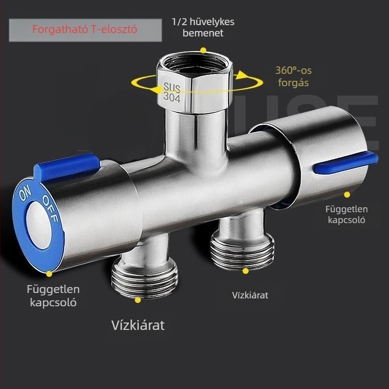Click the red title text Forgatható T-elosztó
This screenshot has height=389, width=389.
[x=85, y=30]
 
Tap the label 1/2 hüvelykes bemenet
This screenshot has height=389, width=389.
[x=203, y=27]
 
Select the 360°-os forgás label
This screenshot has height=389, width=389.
[x=293, y=76]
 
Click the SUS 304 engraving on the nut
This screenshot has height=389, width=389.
[x=172, y=92]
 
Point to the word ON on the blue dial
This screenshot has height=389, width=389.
[x=25, y=193]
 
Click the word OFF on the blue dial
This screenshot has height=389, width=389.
[x=50, y=208]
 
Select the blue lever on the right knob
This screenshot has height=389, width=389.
[x=345, y=162]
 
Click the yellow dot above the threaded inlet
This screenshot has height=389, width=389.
[x=203, y=50]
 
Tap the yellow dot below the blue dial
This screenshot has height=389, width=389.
[x=49, y=274]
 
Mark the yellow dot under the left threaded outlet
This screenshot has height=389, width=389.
[x=138, y=300]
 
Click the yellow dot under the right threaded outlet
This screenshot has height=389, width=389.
[x=245, y=271]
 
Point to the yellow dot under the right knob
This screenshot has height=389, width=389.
[x=347, y=195]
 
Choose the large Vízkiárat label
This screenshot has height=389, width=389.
[x=138, y=325]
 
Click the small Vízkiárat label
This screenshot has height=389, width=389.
[x=250, y=295]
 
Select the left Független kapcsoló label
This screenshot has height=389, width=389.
[x=53, y=296]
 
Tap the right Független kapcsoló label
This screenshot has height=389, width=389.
[x=347, y=214]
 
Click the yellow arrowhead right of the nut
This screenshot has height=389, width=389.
[x=241, y=75]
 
